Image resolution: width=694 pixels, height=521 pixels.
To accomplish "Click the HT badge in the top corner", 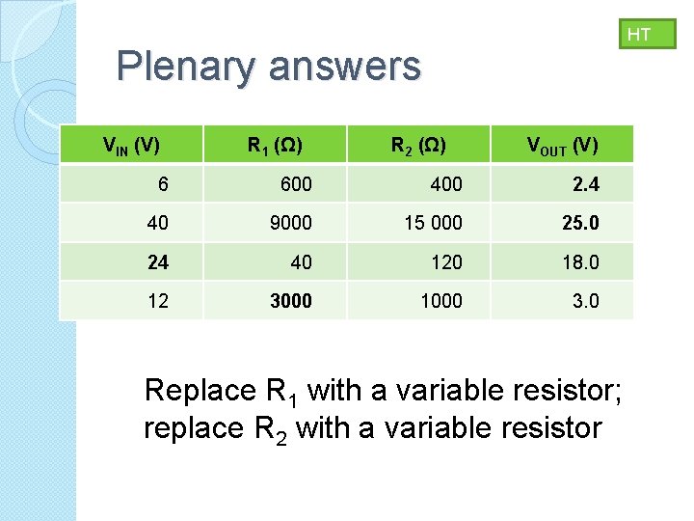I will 639,35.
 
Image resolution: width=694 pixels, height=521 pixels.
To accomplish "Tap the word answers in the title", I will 345,67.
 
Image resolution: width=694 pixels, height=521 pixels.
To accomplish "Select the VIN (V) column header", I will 131,146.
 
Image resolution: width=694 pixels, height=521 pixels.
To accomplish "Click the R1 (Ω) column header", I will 275,146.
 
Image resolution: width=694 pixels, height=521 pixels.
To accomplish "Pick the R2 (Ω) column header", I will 417,146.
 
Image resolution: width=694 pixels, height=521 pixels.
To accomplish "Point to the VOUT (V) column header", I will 562,146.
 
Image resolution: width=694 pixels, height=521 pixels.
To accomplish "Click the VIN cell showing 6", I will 164,184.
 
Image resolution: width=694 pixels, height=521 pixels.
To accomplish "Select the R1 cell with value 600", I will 296,184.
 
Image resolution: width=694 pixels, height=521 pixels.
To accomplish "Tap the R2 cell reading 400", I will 446,184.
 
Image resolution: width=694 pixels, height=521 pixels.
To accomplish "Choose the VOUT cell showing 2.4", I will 585,184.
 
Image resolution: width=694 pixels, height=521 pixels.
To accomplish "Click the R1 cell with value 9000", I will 291,223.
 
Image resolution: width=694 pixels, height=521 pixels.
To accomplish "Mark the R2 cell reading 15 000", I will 433,223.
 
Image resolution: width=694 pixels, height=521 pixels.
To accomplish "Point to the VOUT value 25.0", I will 580,223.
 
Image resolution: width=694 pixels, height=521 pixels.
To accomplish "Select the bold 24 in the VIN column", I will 158,261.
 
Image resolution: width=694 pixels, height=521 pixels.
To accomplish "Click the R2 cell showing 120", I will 446,261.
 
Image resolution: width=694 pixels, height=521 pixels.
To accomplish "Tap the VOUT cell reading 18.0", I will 580,261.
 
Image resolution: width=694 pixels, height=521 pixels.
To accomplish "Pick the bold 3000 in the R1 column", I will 291,301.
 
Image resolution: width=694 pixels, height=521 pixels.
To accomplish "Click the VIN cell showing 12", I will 158,301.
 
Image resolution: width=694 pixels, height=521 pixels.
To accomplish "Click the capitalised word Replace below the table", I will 199,391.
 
